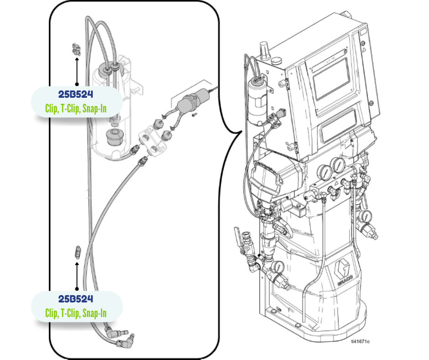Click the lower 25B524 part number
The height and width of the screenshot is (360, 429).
(76, 299)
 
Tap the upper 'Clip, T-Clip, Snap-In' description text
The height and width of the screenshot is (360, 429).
(76, 108)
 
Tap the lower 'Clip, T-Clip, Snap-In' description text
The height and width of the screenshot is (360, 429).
(76, 313)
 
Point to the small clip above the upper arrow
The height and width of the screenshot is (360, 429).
(76, 48)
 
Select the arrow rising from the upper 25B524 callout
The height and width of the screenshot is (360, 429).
(77, 71)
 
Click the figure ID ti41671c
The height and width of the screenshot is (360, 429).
(360, 341)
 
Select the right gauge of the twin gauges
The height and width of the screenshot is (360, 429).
(338, 165)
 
